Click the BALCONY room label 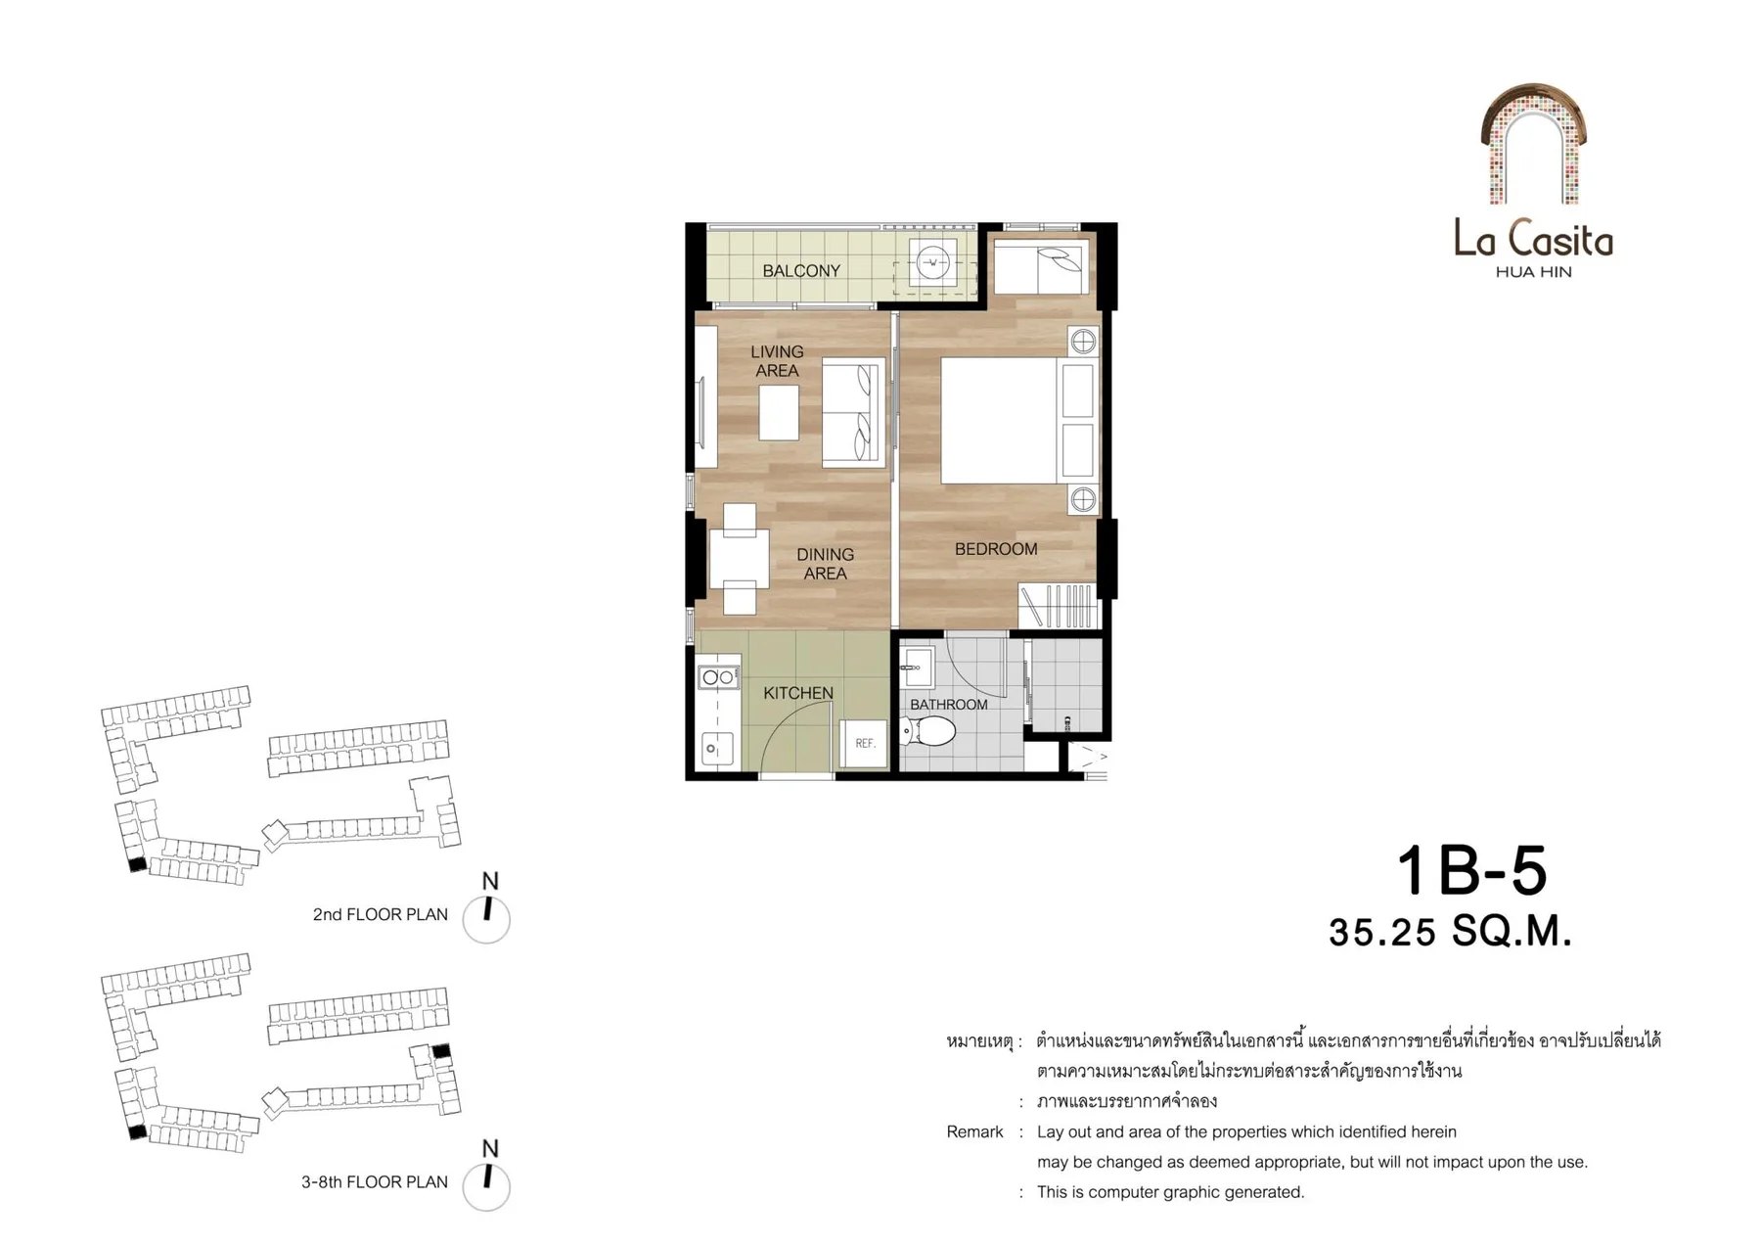(801, 271)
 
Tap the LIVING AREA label (777, 361)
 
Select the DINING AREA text (825, 564)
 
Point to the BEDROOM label (996, 549)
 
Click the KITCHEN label (798, 693)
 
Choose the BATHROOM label (948, 705)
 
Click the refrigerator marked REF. (864, 744)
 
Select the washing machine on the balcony (932, 262)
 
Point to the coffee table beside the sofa (779, 412)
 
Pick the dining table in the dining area (739, 558)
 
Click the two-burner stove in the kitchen (718, 677)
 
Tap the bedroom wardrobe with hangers (1059, 606)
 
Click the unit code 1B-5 (1470, 870)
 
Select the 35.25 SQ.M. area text (1450, 932)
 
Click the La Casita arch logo (1533, 145)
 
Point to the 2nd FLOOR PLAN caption (381, 914)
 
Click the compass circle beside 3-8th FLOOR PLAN (486, 1186)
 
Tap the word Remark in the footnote (974, 1131)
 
